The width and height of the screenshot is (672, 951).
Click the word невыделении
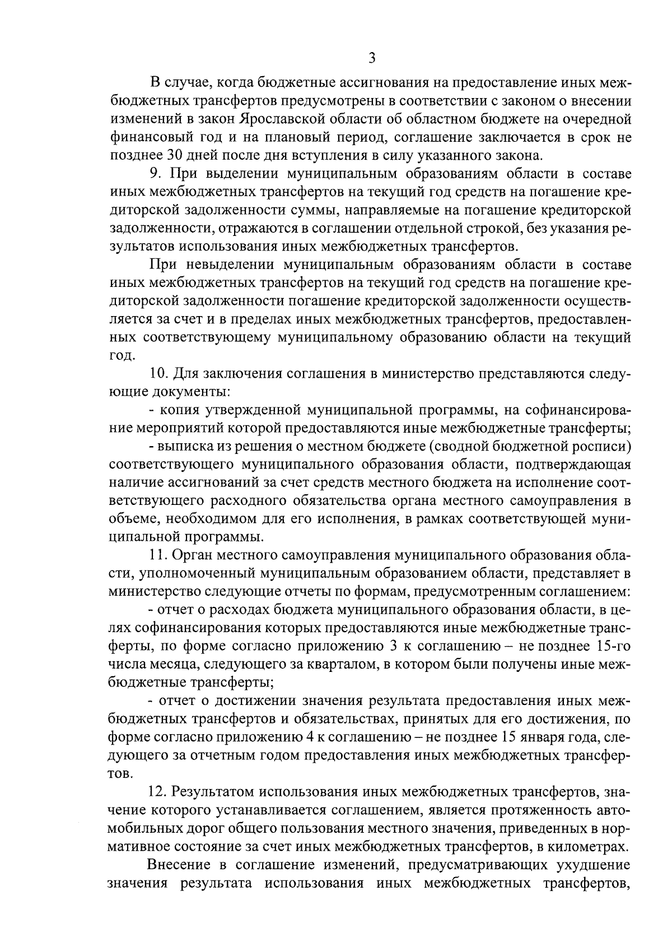223,264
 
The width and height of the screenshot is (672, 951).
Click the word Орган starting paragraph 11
192,555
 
